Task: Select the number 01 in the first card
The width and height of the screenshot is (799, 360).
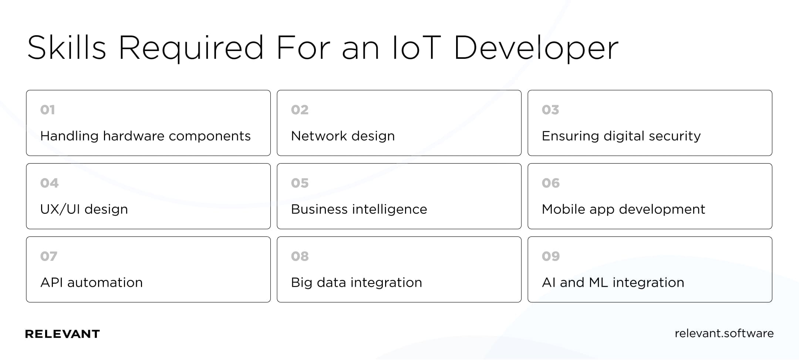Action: click(48, 110)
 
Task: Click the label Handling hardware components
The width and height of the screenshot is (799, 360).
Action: click(145, 136)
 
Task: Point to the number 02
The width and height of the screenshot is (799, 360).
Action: click(300, 110)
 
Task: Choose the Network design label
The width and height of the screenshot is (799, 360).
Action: click(343, 136)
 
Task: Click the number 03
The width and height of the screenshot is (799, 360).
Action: click(550, 110)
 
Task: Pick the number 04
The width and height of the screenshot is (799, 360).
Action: click(49, 183)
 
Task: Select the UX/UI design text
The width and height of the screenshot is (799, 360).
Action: click(84, 209)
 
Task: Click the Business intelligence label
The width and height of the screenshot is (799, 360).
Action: click(359, 209)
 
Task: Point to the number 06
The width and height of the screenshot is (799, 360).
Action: click(551, 183)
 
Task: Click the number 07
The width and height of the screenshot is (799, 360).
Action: click(49, 256)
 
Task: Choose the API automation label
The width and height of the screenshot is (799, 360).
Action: click(91, 283)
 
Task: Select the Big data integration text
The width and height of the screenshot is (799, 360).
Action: click(357, 283)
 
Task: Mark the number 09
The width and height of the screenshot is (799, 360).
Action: click(551, 256)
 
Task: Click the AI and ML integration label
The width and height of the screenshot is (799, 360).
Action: click(613, 283)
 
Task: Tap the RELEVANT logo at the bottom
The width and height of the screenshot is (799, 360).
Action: click(62, 334)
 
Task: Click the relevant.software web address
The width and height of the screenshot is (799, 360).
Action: click(724, 333)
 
